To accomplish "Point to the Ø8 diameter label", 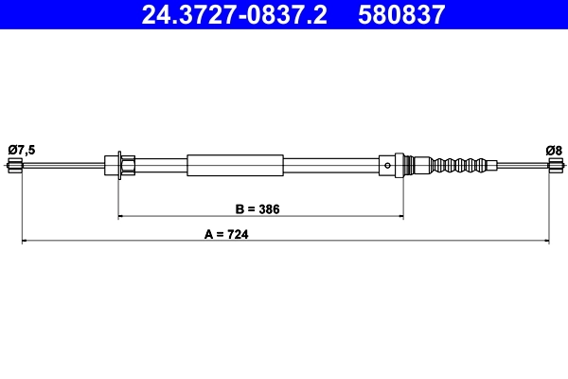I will [x=553, y=149].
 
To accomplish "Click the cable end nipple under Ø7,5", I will [x=14, y=167].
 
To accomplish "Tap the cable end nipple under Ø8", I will [x=554, y=167].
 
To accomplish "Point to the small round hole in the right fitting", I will [x=389, y=167].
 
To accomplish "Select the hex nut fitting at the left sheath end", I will [x=128, y=167].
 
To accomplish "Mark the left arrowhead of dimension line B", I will [x=121, y=217].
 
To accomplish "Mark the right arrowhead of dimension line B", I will [x=399, y=217].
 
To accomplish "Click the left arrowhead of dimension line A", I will [x=25, y=244].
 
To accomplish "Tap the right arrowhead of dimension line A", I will [x=545, y=244].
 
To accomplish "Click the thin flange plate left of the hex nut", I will [x=117, y=167].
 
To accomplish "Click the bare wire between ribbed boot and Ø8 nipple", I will [x=521, y=167].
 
